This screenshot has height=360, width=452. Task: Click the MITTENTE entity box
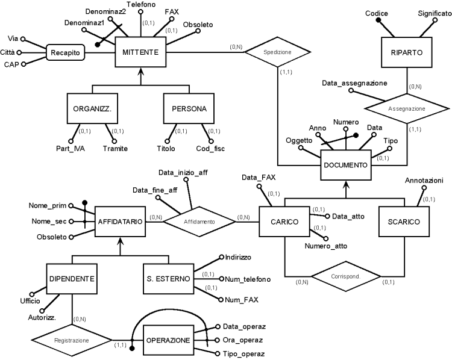[x=138, y=53]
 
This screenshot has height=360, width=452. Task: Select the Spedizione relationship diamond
[x=277, y=53]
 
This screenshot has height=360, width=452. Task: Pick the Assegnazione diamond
[x=409, y=109]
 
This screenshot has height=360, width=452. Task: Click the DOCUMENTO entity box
[x=345, y=164]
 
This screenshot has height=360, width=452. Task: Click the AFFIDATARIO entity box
[x=120, y=222]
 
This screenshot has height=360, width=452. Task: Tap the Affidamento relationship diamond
[x=199, y=222]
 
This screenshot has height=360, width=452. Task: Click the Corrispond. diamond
[x=345, y=276]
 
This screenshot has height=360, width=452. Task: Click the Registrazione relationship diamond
[x=72, y=340]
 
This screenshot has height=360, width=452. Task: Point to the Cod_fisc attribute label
[x=211, y=149]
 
